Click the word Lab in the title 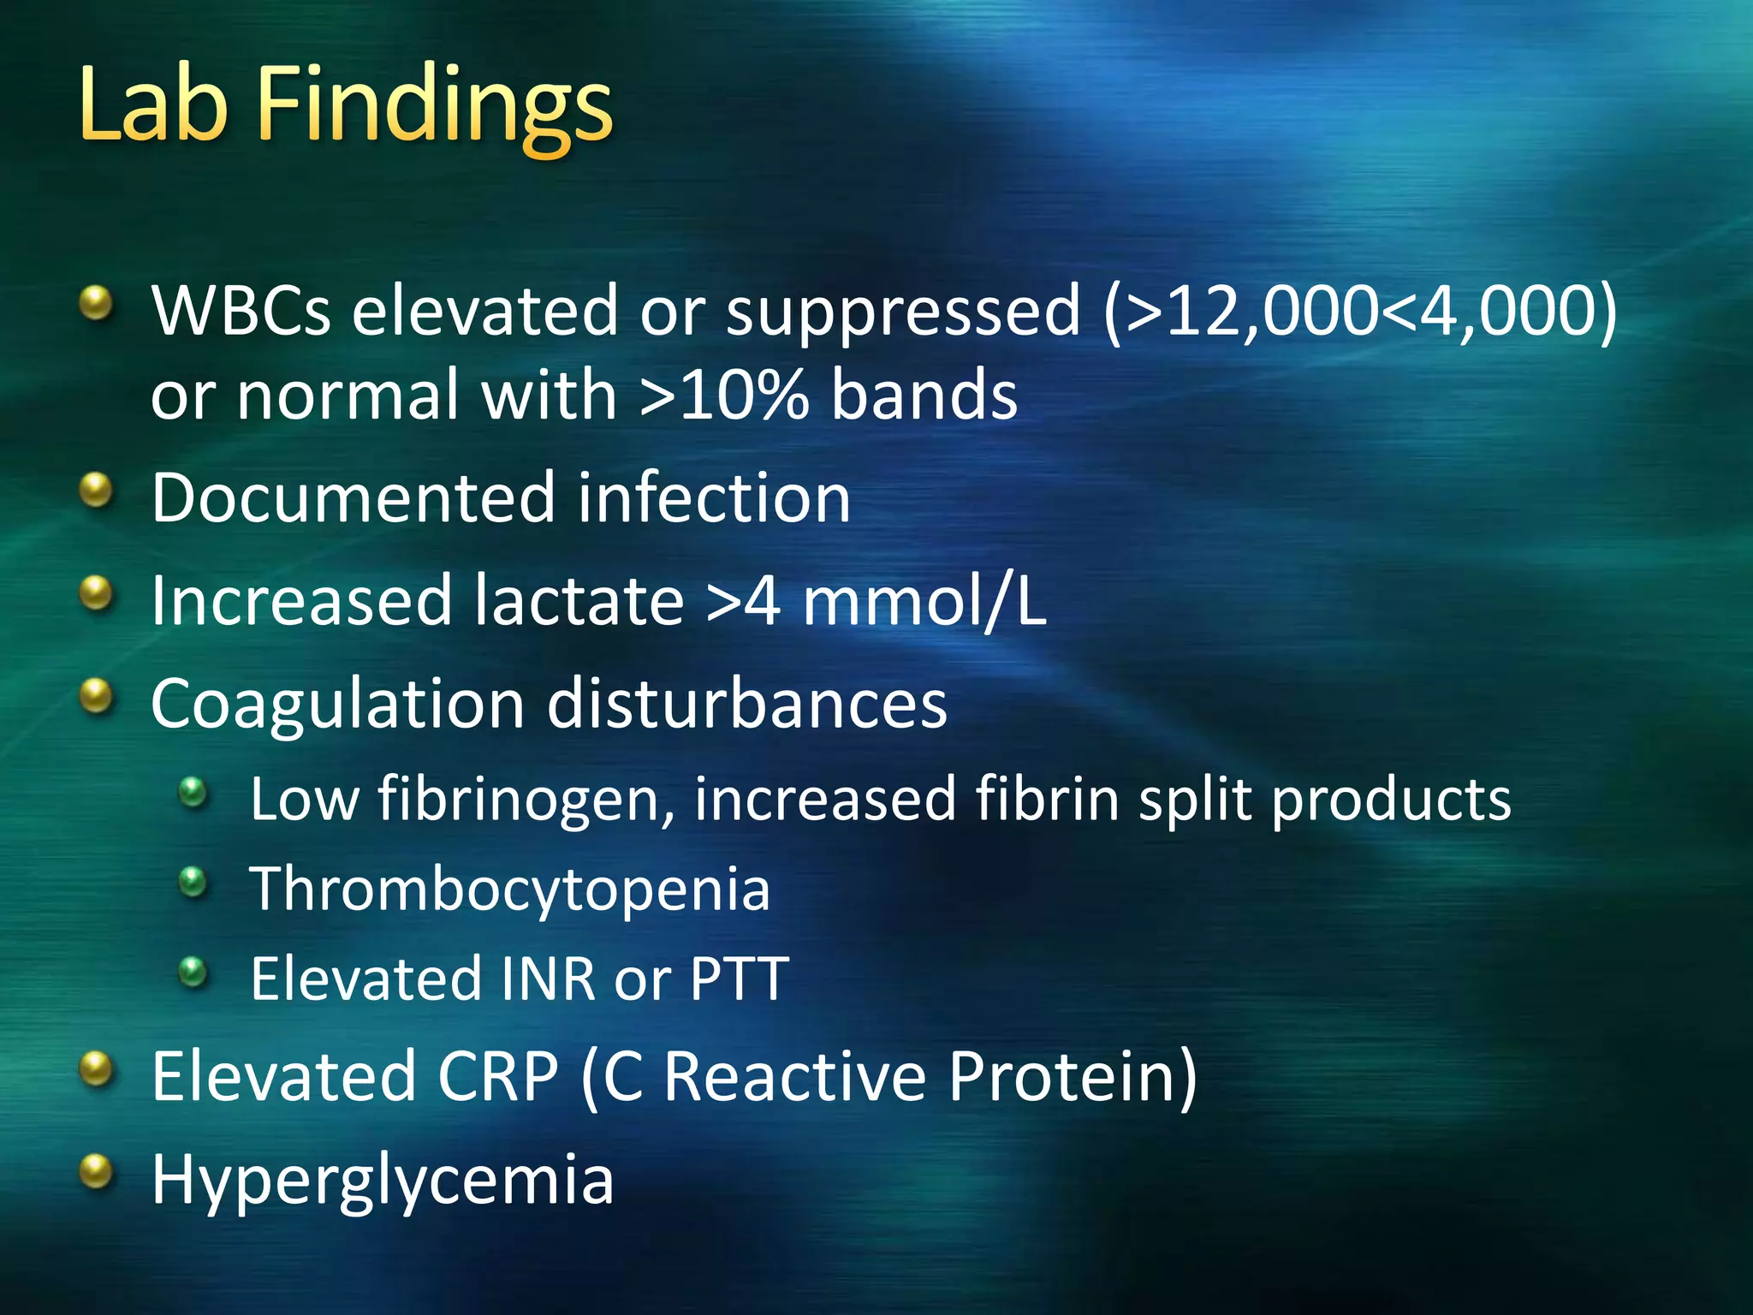coord(154,106)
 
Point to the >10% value coord(724,396)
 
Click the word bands coord(924,396)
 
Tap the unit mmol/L coord(924,603)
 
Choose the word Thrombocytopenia coord(510,889)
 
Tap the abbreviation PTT coord(739,979)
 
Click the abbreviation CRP coord(498,1076)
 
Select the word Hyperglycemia coord(383,1181)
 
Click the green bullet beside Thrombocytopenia coord(194,881)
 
